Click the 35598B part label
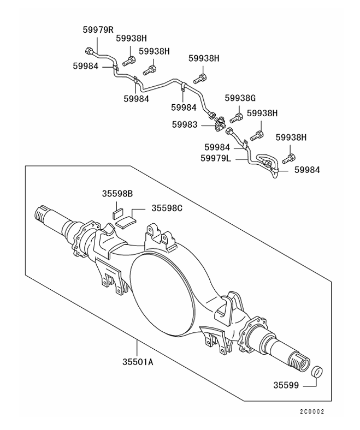point(117,193)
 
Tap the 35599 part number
point(286,385)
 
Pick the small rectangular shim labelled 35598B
point(117,213)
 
